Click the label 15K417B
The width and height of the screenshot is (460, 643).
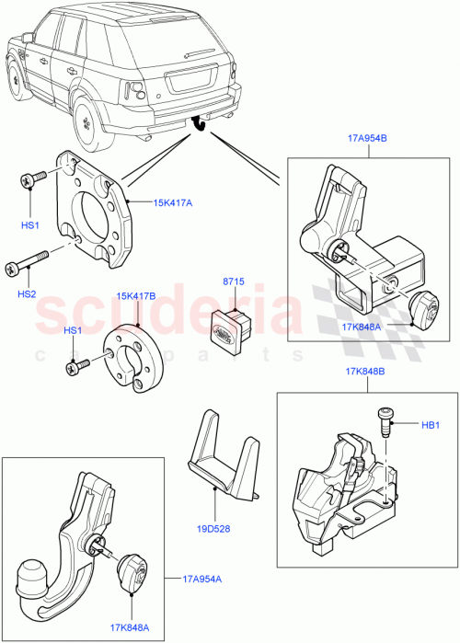point(136,296)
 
